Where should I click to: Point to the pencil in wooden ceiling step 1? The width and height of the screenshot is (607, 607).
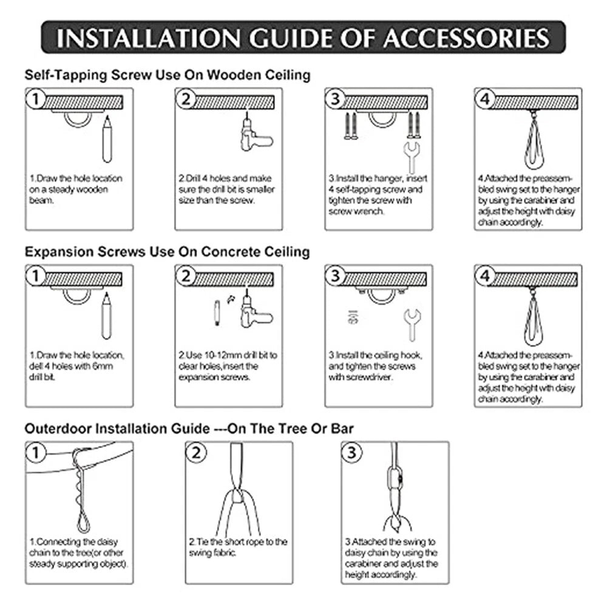pyautogui.click(x=107, y=140)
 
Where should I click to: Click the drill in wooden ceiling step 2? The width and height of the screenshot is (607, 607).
pyautogui.click(x=254, y=134)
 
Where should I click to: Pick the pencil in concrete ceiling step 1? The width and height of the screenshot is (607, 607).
pyautogui.click(x=106, y=316)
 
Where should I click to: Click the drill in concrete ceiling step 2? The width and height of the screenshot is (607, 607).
pyautogui.click(x=254, y=310)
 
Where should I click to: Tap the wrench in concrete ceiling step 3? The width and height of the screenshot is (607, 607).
pyautogui.click(x=412, y=324)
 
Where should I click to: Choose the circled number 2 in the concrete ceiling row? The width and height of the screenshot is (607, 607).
pyautogui.click(x=186, y=276)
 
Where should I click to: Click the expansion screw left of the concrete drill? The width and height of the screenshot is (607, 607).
pyautogui.click(x=217, y=313)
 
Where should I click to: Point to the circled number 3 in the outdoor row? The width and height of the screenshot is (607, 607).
pyautogui.click(x=352, y=453)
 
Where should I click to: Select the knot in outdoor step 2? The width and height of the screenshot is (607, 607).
pyautogui.click(x=238, y=496)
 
